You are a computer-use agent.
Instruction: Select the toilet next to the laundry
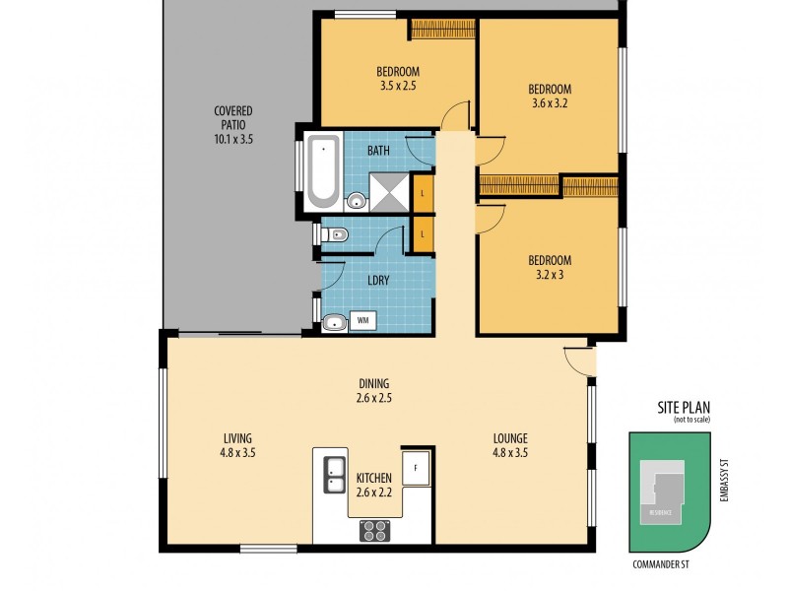point(335,234)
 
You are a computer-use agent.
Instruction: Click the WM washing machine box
point(362,320)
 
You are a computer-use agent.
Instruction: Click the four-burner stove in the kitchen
point(374,530)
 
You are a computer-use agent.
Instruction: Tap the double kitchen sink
point(333,474)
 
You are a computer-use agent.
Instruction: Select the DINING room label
point(374,383)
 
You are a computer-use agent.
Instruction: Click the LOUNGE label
point(511,438)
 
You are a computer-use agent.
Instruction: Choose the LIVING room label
point(237,438)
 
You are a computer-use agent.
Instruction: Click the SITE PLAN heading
point(685,406)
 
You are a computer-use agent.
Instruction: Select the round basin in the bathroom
point(356,203)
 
